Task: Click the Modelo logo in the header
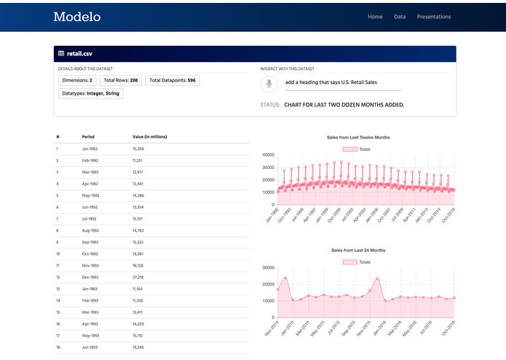coord(76,17)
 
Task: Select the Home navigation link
coord(375,17)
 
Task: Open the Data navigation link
coord(400,17)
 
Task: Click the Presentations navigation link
coord(433,17)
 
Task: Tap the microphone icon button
coord(269,84)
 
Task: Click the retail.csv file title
coord(80,54)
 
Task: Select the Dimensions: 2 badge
coord(77,80)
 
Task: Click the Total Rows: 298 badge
coord(120,80)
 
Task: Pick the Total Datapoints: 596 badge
coord(172,80)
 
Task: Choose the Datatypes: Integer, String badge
coord(90,93)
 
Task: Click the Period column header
coord(88,137)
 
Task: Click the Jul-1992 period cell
coord(90,219)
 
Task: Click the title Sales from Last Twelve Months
coord(358,137)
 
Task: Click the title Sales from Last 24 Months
coord(358,250)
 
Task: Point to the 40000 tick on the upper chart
coord(267,154)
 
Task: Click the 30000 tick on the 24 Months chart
coord(267,267)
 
